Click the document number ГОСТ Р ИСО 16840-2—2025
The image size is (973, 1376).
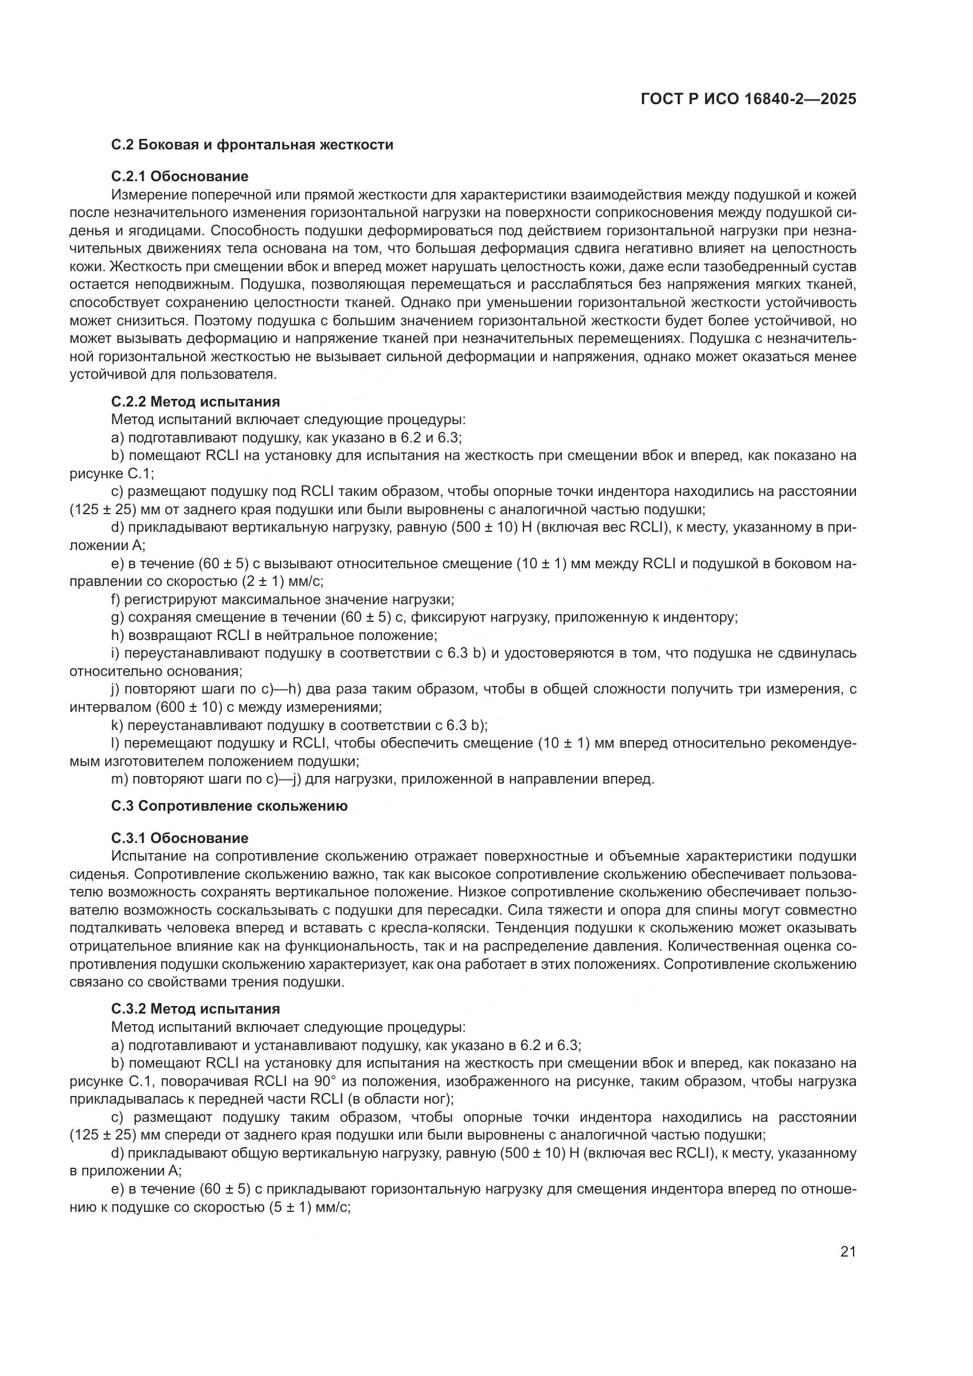(748, 99)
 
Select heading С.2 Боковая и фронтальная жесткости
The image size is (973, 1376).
(252, 145)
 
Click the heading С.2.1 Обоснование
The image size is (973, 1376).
(180, 176)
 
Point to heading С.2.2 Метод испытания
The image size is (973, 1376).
(195, 402)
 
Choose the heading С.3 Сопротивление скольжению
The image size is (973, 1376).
(229, 806)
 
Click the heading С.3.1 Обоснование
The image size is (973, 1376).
(180, 838)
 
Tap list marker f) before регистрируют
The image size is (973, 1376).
(116, 599)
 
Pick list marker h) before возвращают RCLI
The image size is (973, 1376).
(117, 635)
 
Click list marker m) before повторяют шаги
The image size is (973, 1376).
(119, 779)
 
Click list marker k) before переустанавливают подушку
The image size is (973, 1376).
(117, 725)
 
